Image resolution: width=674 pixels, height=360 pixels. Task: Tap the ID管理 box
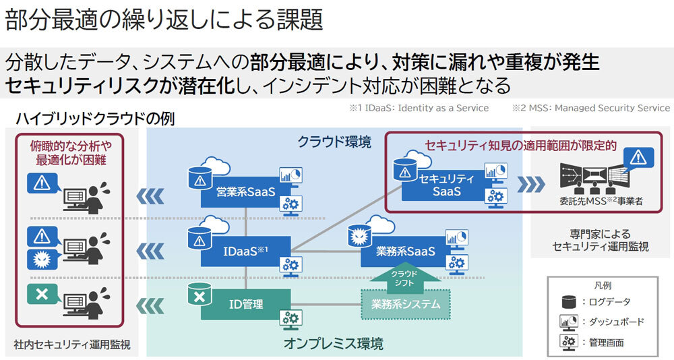pos(245,304)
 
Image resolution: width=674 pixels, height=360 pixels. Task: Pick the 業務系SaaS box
pos(405,251)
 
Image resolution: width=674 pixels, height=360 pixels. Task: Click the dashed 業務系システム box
pos(405,304)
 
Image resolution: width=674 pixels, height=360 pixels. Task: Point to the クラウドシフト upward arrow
pos(405,277)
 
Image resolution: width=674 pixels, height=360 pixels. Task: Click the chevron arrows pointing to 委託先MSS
pos(532,184)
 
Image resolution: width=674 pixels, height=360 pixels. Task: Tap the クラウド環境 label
pos(334,142)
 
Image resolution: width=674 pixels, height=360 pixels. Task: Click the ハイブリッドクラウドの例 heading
pos(95,120)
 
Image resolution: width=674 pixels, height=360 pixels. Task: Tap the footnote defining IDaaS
pos(419,108)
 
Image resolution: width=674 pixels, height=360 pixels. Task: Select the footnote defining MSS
pos(590,108)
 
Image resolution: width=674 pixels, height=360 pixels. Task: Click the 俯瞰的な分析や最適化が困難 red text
pos(71,152)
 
